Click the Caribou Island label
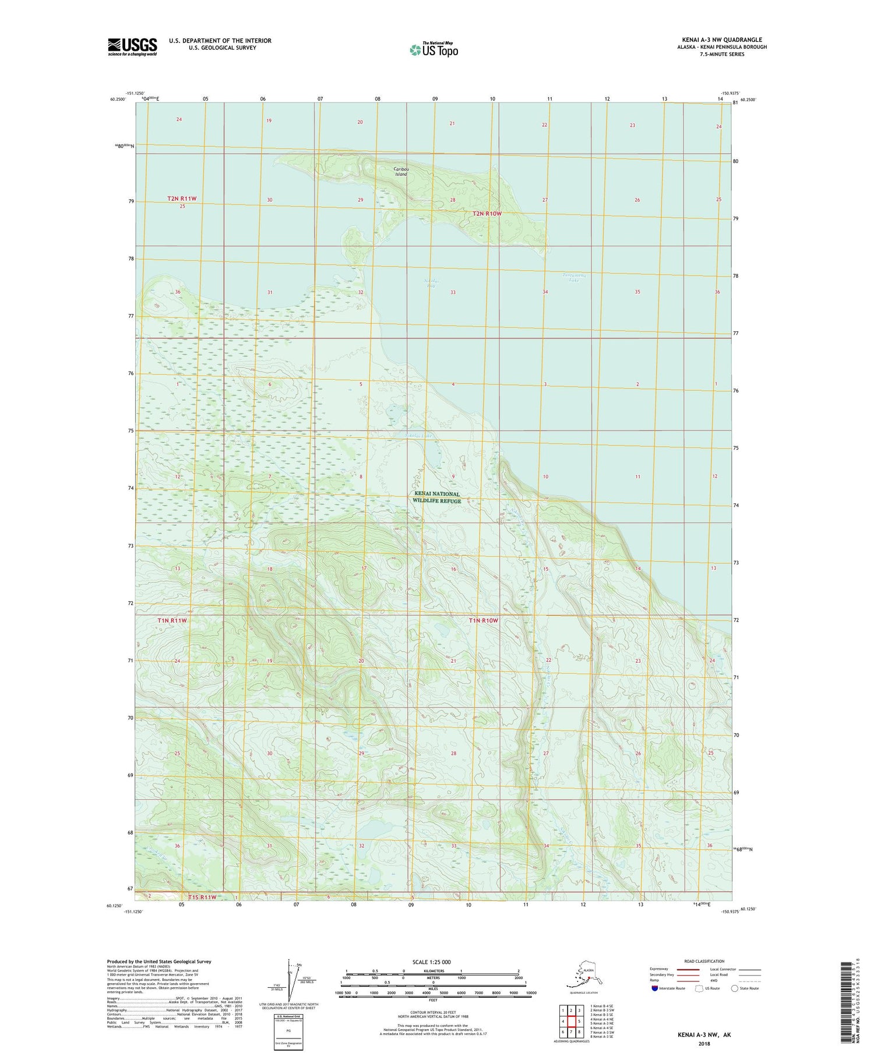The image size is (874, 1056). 401,171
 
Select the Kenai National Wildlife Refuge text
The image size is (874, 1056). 436,497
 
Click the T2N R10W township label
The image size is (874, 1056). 487,214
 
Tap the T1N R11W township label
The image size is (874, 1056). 172,621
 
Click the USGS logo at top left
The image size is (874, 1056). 132,47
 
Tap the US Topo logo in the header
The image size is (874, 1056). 434,50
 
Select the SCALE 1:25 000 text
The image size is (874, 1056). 432,962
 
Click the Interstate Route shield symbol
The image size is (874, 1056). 654,988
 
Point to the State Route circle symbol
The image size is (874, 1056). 735,988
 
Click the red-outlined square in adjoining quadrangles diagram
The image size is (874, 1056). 572,1022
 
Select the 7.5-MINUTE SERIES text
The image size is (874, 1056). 724,54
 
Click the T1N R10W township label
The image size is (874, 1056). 484,621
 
